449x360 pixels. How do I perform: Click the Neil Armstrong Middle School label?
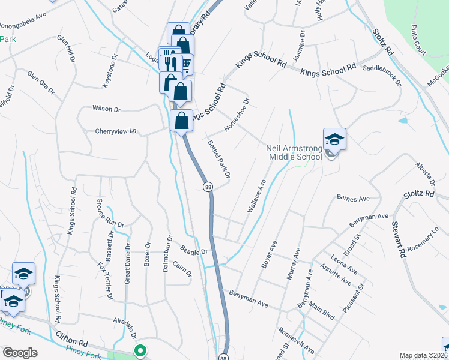point(295,152)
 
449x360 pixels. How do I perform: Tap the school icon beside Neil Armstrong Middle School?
point(334,140)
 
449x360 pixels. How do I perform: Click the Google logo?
point(20,353)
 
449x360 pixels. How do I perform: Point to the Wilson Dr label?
point(106,109)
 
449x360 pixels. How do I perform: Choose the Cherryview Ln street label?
point(116,131)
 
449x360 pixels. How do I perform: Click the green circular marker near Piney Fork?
point(140,351)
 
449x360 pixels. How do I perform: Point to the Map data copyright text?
point(423,355)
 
